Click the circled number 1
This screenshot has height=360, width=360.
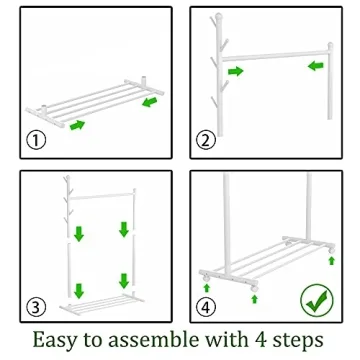[x=37, y=140]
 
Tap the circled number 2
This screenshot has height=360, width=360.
[x=207, y=140]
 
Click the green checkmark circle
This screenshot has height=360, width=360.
[x=318, y=297]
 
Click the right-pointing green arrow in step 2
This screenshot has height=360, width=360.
[x=235, y=71]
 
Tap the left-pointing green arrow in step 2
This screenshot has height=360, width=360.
[x=314, y=67]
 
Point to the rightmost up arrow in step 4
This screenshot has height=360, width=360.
[x=331, y=260]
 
